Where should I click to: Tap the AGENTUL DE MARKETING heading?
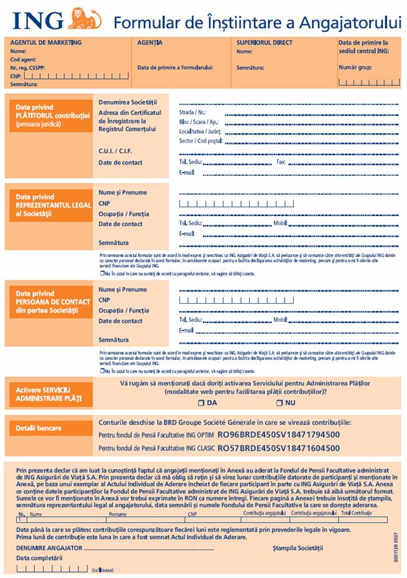click(46, 42)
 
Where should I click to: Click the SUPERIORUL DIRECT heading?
click(264, 42)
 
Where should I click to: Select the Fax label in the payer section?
click(280, 162)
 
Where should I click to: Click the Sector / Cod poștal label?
click(200, 141)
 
